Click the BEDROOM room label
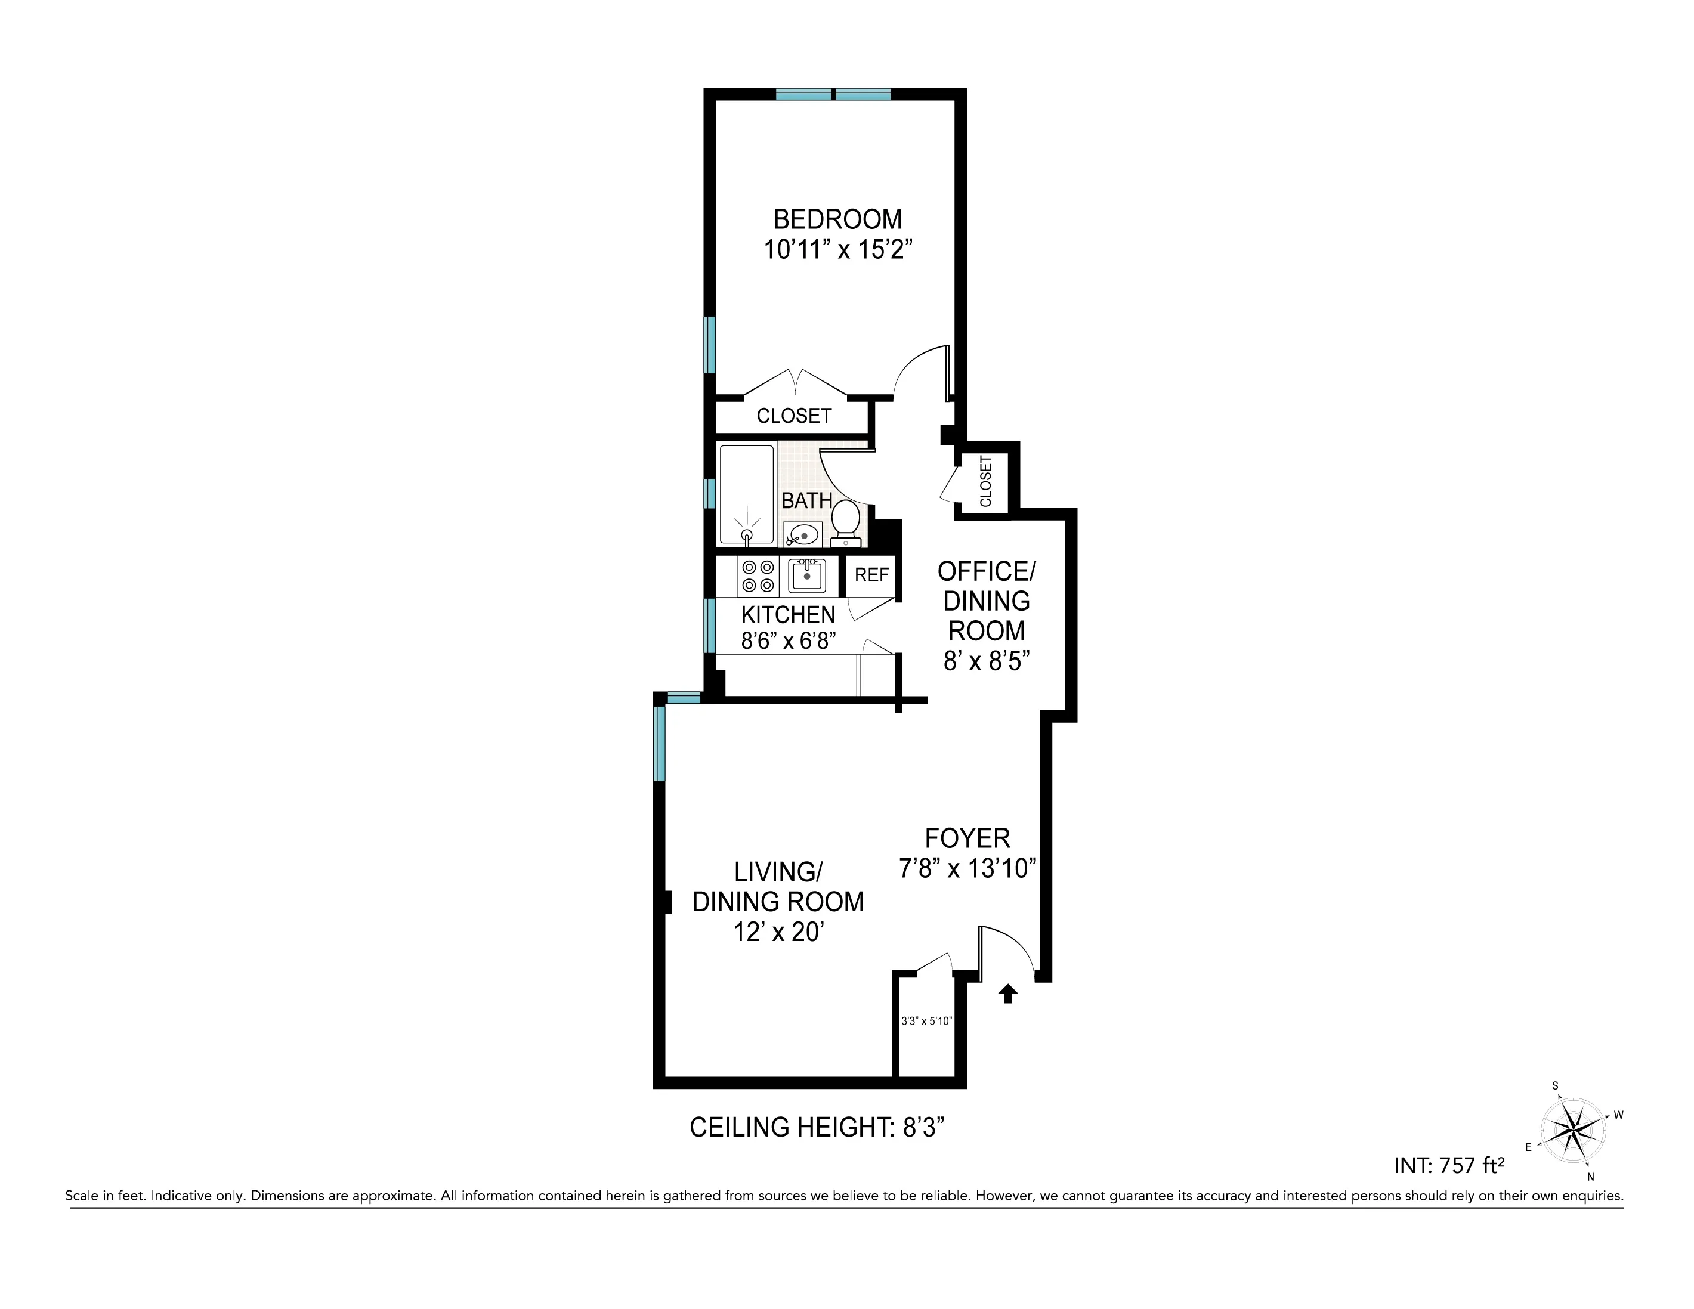[x=837, y=219]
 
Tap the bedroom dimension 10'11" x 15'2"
[x=837, y=250]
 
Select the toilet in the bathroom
[x=845, y=521]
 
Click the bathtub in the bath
[x=746, y=494]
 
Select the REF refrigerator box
[x=871, y=575]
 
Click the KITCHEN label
[x=788, y=615]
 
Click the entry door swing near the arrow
[x=1005, y=950]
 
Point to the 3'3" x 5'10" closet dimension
[x=926, y=1022]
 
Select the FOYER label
[x=967, y=838]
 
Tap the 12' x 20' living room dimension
[x=778, y=932]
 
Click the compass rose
[x=1573, y=1130]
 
